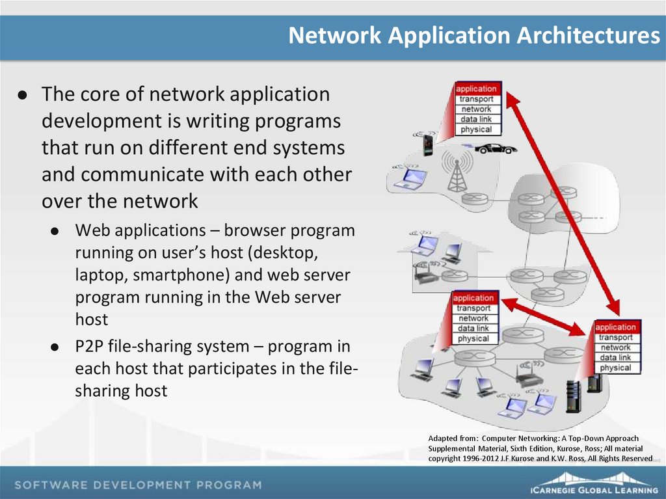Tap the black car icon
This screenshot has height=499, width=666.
[x=496, y=149]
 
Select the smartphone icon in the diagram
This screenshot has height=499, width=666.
[x=428, y=144]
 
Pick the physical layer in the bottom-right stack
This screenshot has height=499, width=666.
[x=615, y=368]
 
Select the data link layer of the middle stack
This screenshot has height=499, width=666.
[x=473, y=329]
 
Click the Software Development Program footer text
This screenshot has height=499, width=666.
[x=138, y=485]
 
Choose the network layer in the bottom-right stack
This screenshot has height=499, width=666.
[x=615, y=347]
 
